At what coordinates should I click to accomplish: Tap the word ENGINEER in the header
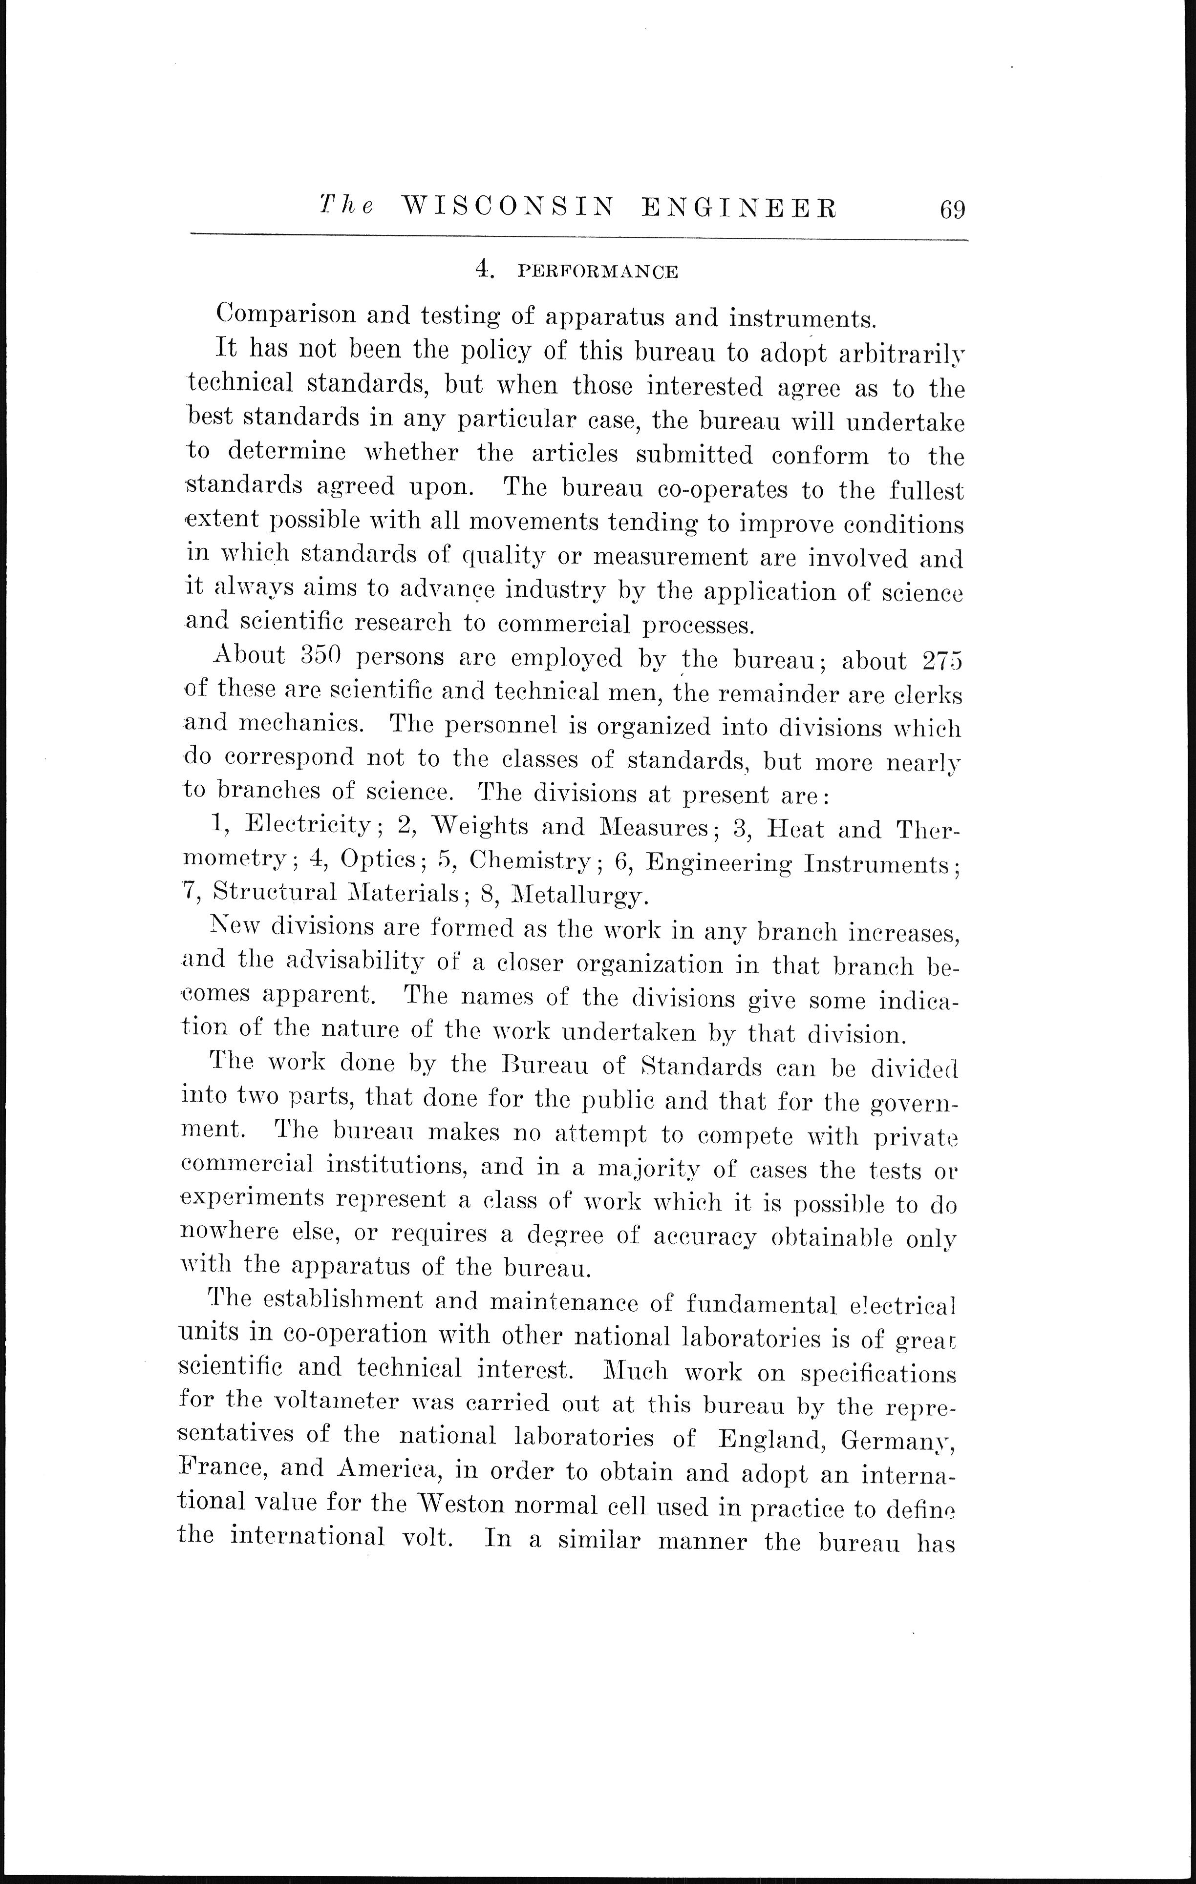(739, 208)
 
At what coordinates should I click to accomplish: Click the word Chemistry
(530, 860)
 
